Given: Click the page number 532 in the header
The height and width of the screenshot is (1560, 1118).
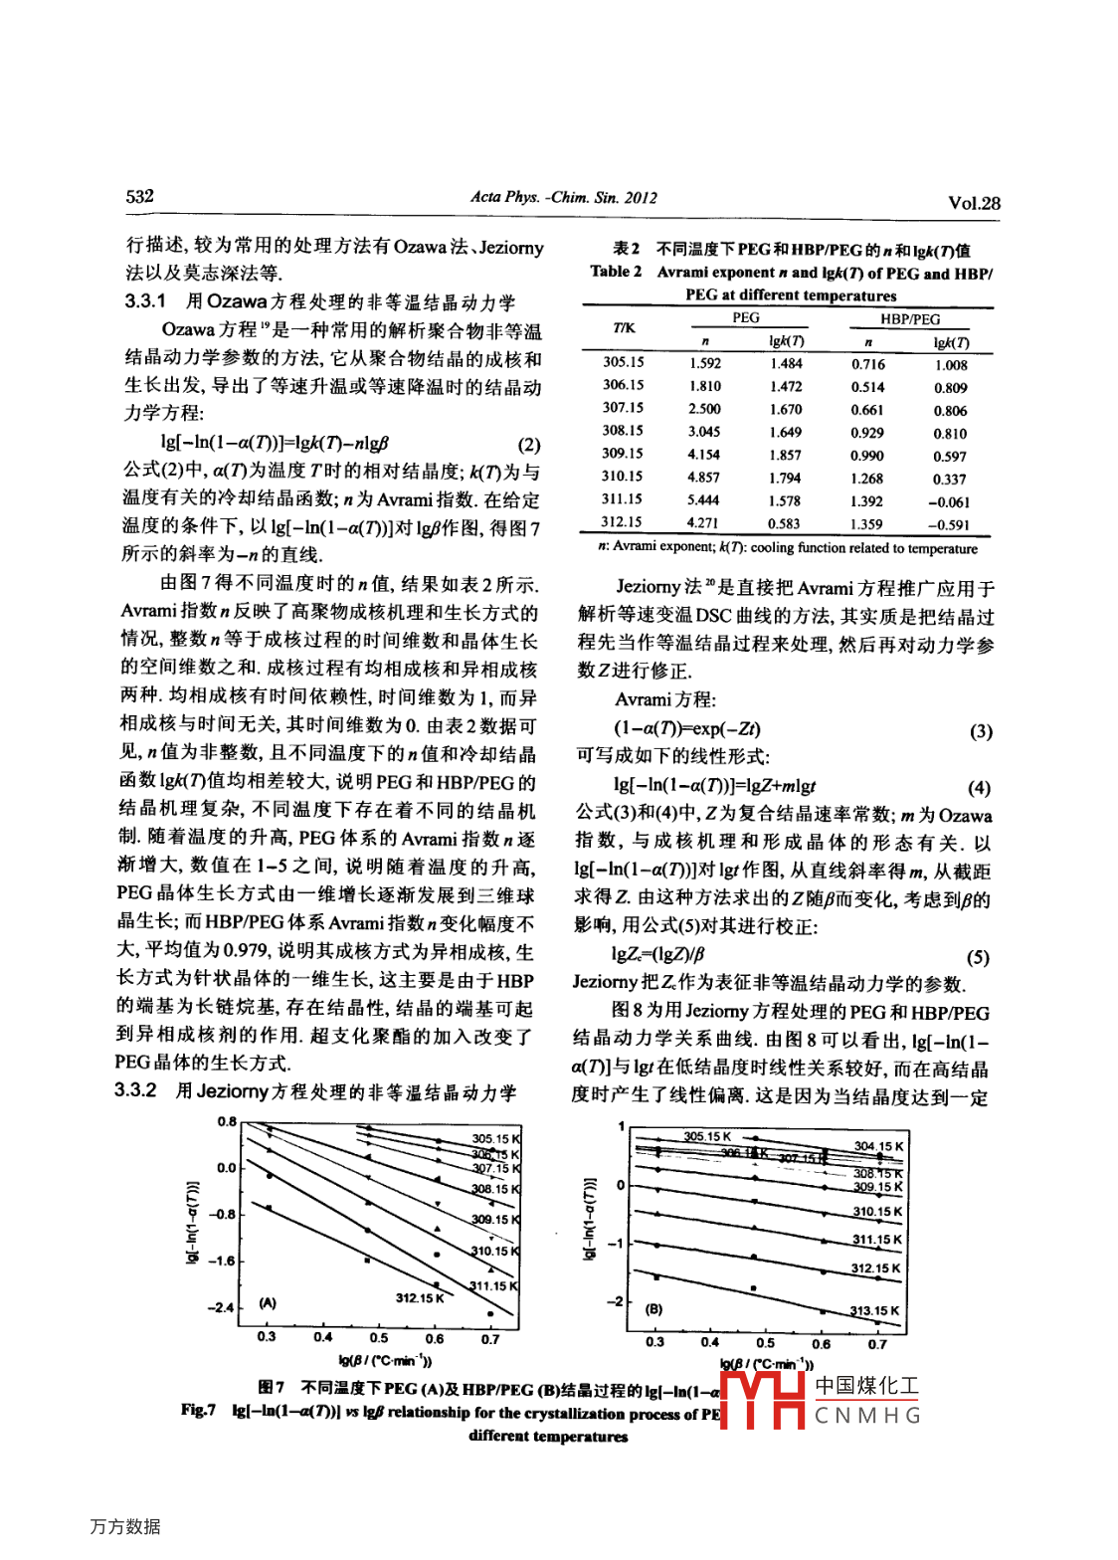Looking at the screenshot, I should [140, 196].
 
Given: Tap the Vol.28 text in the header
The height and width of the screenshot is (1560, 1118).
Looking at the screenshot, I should [974, 203].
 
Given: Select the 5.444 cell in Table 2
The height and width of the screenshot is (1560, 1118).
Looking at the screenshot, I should [703, 500].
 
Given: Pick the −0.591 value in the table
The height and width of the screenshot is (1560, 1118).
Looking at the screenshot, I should [949, 524].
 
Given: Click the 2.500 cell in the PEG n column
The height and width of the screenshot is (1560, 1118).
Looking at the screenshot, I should [704, 409].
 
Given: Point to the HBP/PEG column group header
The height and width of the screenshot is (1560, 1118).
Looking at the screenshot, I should [909, 319].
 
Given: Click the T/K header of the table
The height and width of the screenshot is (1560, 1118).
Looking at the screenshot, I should [624, 327].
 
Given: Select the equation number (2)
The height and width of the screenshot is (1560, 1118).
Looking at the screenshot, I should [529, 445].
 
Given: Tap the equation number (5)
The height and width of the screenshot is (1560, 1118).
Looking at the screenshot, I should [978, 957].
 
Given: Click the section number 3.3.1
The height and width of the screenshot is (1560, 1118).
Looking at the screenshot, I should [145, 301].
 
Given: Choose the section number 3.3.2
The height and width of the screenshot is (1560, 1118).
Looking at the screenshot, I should [135, 1090].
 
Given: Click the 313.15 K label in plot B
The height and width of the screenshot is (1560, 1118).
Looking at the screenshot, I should [875, 1311].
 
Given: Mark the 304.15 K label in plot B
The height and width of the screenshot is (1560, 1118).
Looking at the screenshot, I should [878, 1146].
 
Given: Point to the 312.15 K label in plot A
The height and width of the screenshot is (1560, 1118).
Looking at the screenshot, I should [420, 1297].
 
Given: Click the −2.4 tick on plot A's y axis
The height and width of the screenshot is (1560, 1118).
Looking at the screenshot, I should [222, 1307].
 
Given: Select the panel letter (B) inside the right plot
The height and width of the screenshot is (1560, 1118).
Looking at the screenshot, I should [653, 1309].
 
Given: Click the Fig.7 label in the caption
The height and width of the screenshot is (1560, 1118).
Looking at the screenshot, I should [199, 1410].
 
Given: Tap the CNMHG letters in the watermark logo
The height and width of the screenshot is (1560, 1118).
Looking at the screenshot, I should [867, 1415].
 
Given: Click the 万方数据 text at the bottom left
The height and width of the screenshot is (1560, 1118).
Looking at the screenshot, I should [125, 1526].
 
